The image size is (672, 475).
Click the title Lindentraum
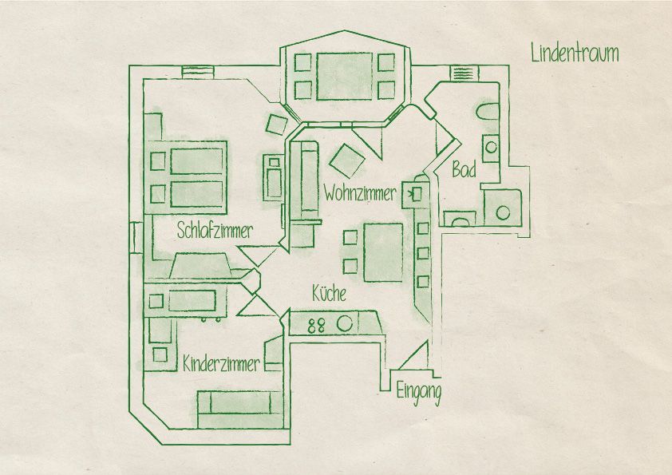click(575, 53)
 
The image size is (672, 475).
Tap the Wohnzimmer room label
click(360, 193)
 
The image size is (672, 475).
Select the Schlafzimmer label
click(215, 231)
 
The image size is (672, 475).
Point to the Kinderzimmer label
click(221, 364)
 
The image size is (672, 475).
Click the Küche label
click(329, 294)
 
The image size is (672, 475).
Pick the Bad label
click(464, 170)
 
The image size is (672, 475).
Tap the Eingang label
click(419, 393)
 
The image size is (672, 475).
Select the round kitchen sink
click(344, 323)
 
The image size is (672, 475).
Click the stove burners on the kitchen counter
click(316, 326)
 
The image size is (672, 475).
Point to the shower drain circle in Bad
click(503, 212)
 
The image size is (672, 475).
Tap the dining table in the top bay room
click(345, 77)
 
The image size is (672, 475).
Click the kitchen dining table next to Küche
click(384, 252)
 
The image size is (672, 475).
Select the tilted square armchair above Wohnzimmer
click(347, 160)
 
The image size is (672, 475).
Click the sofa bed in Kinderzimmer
click(240, 409)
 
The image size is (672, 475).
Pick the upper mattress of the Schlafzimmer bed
click(197, 160)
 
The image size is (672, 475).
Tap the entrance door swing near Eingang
click(413, 355)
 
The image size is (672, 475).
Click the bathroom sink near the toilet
click(491, 148)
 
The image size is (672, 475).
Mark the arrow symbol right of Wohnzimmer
click(414, 195)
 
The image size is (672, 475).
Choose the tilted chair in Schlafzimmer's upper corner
click(276, 125)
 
